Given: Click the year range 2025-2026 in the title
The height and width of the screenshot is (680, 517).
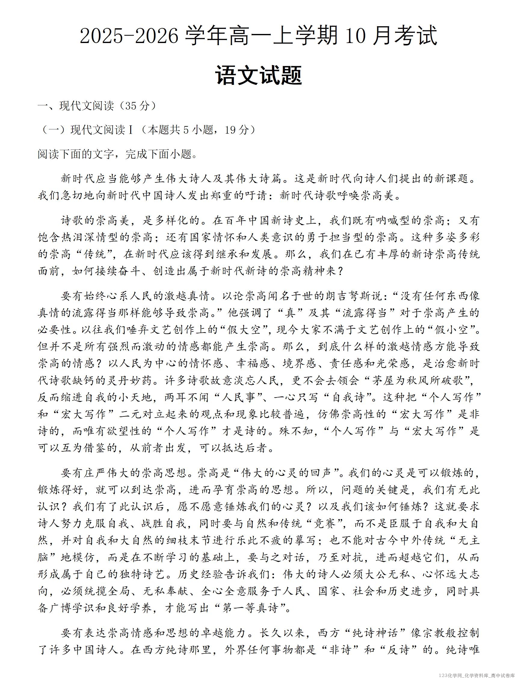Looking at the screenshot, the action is (129, 36).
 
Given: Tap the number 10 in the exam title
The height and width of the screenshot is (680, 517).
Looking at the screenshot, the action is (355, 36).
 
